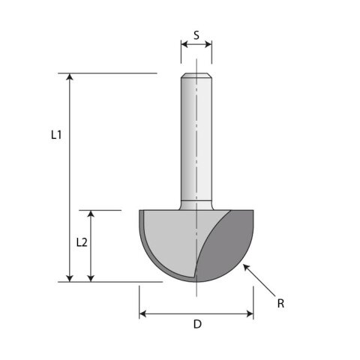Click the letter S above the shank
point(196,35)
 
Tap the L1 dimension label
point(56,135)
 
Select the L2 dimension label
point(82,242)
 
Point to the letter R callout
point(280,304)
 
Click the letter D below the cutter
point(197,324)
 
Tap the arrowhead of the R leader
point(246,267)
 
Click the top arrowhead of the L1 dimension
point(70,76)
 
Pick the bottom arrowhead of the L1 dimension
point(70,278)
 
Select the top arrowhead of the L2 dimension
point(91,214)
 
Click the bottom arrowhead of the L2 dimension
point(91,278)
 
